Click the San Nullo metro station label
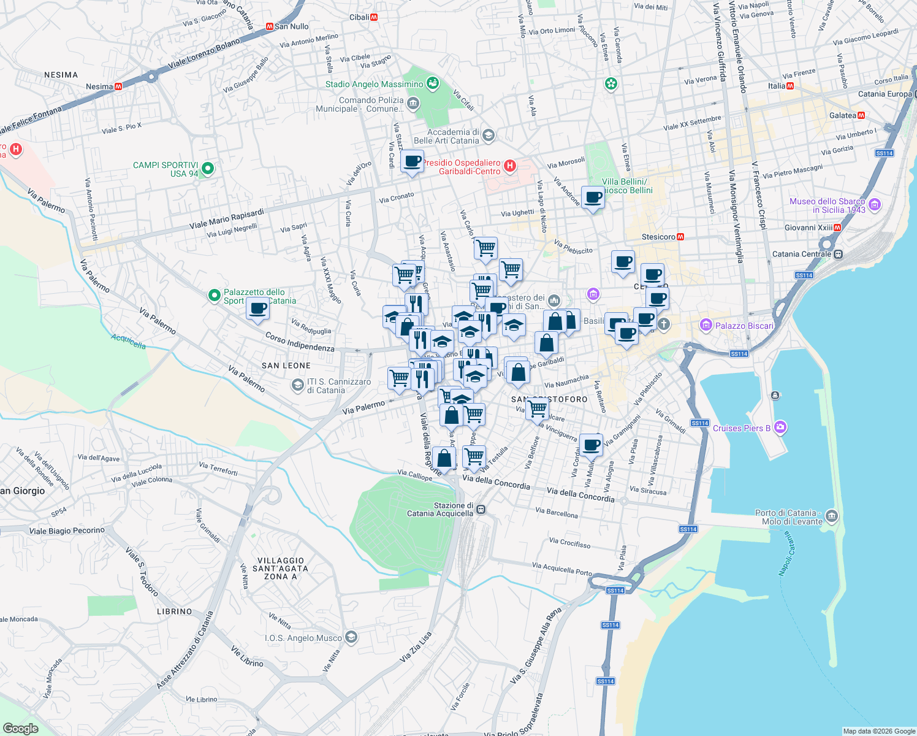[291, 26]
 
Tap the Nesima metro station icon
[118, 86]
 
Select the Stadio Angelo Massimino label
[374, 84]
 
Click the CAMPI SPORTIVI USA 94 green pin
[208, 168]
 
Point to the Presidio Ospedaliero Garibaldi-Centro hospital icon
[509, 166]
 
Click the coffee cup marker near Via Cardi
[412, 162]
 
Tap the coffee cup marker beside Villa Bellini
[593, 197]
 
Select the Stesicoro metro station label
[658, 237]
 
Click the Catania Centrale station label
[802, 254]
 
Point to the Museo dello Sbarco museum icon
[875, 205]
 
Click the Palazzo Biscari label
[744, 326]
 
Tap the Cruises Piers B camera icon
[780, 427]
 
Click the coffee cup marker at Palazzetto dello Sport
[258, 309]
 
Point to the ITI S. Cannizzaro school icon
[297, 385]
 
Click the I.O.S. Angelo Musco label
[303, 638]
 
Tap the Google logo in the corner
[20, 728]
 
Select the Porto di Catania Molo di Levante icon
[831, 516]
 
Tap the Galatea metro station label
[842, 115]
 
